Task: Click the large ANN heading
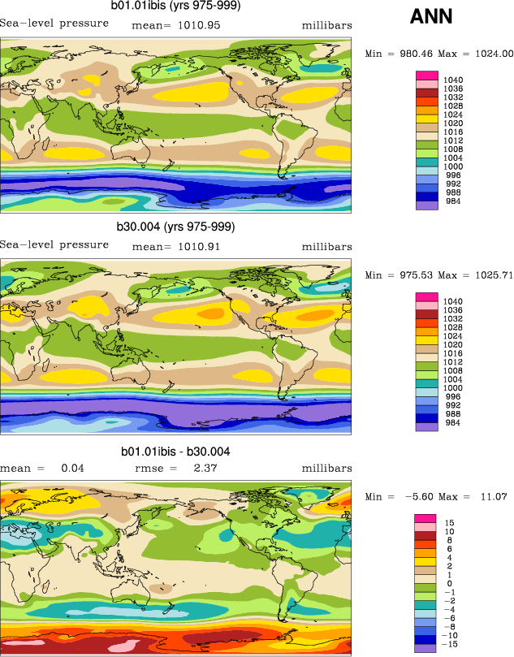click(431, 16)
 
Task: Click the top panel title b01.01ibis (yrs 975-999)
click(175, 6)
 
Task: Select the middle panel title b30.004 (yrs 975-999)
click(175, 226)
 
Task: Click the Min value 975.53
click(411, 275)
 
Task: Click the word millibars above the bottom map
click(327, 469)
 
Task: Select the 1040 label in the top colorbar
click(453, 80)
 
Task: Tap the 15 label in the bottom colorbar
click(449, 522)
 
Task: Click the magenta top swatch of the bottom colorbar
click(428, 518)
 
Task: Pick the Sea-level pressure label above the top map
click(54, 24)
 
